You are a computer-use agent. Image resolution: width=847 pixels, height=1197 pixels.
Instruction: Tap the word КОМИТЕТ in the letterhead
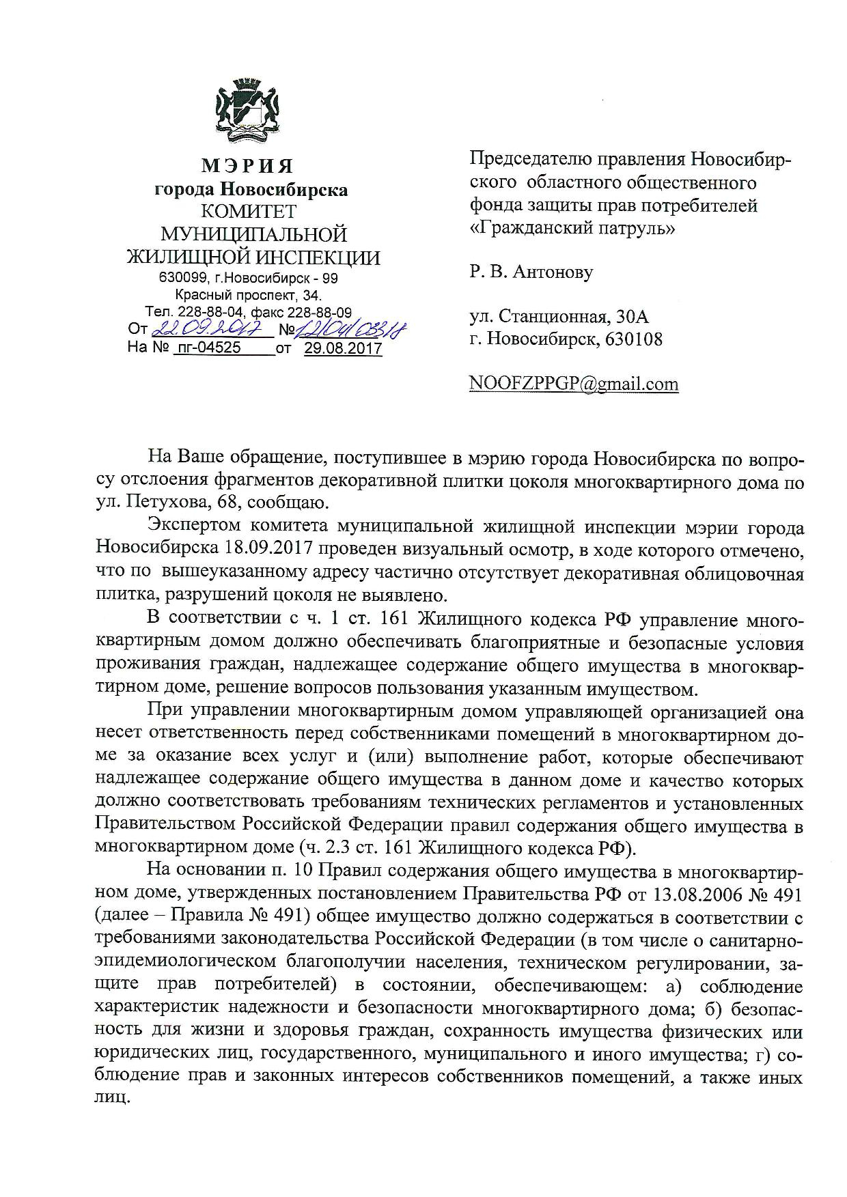pos(252,211)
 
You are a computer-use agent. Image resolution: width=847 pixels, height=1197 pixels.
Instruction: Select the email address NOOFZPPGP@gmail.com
pos(574,384)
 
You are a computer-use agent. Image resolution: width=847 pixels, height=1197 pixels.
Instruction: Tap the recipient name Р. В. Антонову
pos(531,272)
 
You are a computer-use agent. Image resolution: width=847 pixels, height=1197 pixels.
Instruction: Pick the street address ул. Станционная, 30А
pos(558,317)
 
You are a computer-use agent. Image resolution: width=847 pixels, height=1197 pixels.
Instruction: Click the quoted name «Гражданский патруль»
pos(572,228)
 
